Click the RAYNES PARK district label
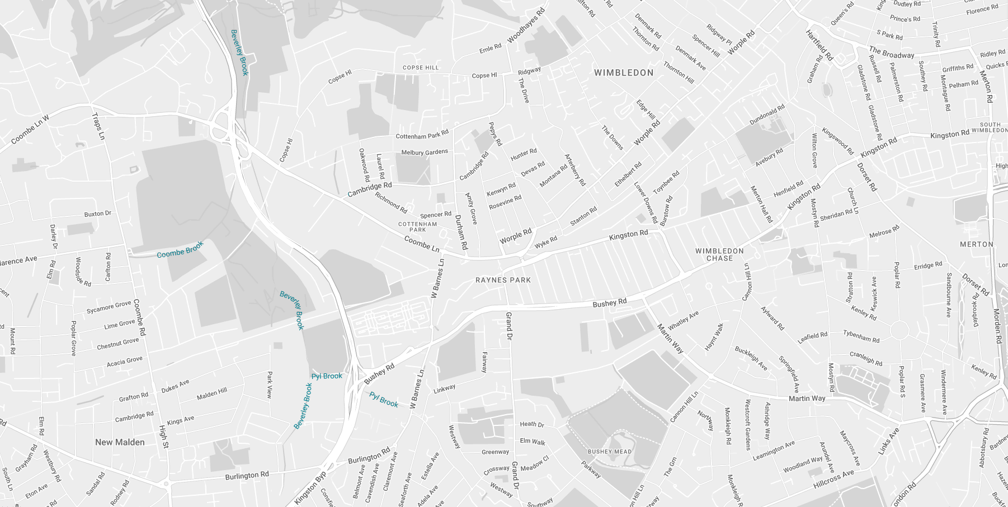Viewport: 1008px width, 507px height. pos(503,280)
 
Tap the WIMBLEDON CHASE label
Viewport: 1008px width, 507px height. pos(719,255)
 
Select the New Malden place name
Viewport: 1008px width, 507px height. pos(120,442)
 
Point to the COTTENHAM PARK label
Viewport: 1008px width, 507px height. pos(418,226)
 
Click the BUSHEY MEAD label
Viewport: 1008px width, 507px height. pos(610,452)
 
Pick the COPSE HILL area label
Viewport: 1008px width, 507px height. pos(421,68)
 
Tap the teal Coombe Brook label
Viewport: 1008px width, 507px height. pos(180,250)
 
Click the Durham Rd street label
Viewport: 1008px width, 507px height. pos(461,232)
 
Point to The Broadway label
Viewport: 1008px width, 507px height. pos(891,53)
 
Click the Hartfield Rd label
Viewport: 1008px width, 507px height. pos(819,45)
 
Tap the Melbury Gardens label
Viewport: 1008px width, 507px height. pos(425,152)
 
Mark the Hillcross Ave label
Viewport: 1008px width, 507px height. pos(833,479)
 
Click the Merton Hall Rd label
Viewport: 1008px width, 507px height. pos(761,204)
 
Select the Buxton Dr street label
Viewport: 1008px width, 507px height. pos(98,214)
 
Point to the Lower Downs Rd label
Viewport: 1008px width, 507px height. pos(646,203)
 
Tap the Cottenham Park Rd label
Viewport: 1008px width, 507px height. pos(422,135)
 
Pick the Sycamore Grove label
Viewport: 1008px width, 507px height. pos(109,307)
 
